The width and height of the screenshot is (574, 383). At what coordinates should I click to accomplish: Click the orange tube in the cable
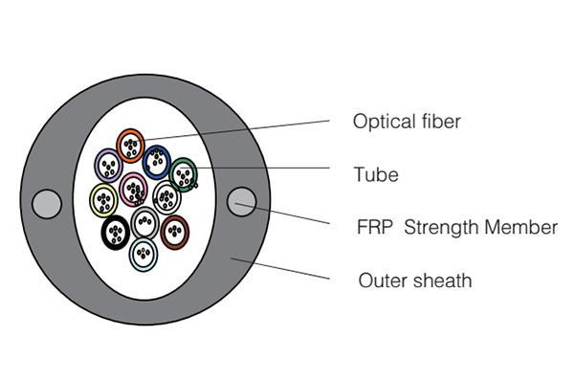click(x=130, y=146)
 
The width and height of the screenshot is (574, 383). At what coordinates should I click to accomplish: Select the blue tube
click(x=156, y=161)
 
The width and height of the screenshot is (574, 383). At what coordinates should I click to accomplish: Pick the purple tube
click(x=108, y=166)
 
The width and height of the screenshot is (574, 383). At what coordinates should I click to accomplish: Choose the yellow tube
click(x=103, y=199)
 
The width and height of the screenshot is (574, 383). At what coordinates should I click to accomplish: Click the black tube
click(x=116, y=232)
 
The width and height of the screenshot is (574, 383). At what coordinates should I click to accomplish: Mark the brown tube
click(x=174, y=232)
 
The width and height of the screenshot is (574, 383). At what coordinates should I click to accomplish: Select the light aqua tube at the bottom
click(x=143, y=254)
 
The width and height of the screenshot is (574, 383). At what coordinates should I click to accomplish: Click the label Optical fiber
click(x=407, y=122)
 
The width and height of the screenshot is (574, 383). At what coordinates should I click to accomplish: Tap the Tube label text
click(x=375, y=174)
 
